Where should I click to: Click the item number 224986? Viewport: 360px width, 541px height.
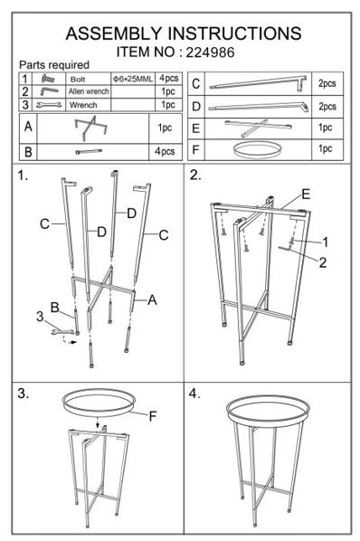210,52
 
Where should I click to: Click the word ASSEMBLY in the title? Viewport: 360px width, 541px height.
114,33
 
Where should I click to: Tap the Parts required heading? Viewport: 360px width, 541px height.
54,64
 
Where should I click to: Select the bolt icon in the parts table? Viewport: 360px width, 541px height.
48,79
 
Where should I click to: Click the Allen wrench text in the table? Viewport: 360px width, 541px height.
89,91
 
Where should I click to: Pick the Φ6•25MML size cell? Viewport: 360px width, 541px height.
133,79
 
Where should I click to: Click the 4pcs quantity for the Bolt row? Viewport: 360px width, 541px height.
168,79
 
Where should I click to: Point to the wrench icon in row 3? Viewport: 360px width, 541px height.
49,105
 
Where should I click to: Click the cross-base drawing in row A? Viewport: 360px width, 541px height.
90,128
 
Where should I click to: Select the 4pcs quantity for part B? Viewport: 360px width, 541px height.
165,151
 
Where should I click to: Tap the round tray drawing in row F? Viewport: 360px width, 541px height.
257,150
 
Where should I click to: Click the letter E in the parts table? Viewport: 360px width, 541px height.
196,128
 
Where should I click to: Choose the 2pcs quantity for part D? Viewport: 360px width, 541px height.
327,106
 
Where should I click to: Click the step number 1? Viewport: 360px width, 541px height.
23,176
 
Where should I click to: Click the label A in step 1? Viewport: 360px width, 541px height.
152,299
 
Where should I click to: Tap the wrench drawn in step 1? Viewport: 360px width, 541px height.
62,332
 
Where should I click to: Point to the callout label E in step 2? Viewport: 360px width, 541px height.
306,195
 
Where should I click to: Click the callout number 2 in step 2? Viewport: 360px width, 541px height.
322,262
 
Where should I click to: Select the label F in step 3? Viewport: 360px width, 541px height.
153,416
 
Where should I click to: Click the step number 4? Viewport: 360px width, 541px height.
194,394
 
